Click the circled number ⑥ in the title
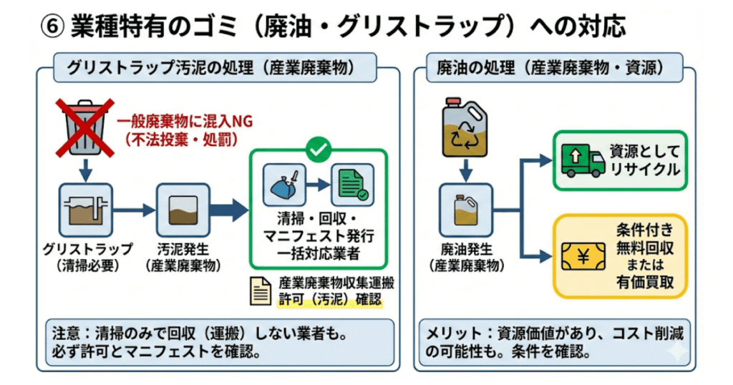53,27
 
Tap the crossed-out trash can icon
84,129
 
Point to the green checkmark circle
317,150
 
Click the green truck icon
581,161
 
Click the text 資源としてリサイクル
644,161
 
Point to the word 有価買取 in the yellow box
644,284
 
